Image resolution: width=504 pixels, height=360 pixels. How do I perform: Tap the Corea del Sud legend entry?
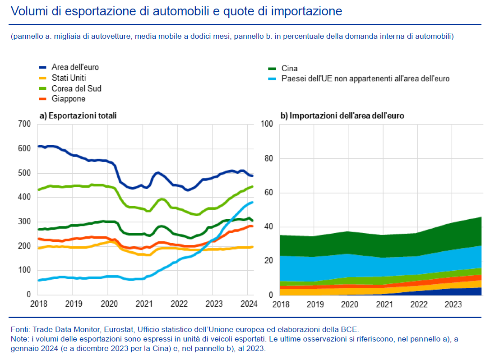point(76,88)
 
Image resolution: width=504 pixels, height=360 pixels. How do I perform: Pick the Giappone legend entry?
point(68,99)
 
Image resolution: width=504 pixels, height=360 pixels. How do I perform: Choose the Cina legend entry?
point(289,69)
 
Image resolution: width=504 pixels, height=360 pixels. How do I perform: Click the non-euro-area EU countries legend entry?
point(365,79)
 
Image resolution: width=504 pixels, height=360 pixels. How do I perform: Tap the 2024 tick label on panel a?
point(247,304)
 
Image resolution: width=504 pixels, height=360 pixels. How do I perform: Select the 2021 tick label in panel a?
point(143,304)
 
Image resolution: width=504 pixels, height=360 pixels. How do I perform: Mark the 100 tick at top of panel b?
point(268,124)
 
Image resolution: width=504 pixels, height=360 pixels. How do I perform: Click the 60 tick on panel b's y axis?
point(270,193)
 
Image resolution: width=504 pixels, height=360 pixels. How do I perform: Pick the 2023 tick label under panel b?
point(453,304)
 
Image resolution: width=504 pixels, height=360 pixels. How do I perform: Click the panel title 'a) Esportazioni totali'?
point(78,115)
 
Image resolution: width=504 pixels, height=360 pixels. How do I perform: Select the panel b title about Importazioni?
point(342,115)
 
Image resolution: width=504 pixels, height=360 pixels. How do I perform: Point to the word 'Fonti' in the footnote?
point(21,329)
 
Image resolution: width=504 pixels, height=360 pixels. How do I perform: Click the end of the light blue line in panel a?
point(252,202)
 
